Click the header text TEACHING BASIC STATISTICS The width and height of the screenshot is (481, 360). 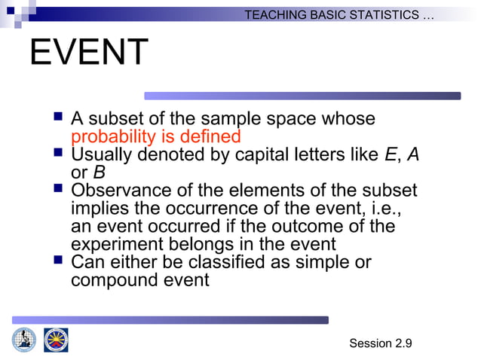[x=339, y=15]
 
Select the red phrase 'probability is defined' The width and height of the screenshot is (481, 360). [x=155, y=137]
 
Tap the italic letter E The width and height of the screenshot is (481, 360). [x=390, y=155]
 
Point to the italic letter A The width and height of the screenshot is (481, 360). [x=412, y=155]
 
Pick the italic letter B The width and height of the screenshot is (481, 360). [x=98, y=172]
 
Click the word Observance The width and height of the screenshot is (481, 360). [x=120, y=191]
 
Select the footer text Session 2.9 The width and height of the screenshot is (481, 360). [x=381, y=343]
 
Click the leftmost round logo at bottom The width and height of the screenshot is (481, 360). [x=24, y=340]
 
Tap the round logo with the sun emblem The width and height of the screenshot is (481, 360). [x=56, y=340]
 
